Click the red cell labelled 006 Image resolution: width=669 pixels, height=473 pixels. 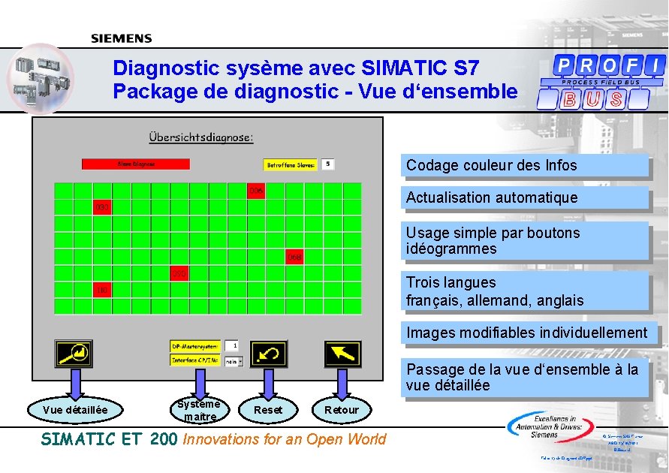coord(257,191)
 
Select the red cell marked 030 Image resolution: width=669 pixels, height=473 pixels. coord(102,206)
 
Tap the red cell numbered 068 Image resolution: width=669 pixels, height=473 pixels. coord(294,258)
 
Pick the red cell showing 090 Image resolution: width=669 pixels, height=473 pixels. coord(179,273)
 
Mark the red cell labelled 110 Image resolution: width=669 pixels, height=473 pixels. coord(102,289)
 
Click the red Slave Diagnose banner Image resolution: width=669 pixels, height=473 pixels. coord(135,164)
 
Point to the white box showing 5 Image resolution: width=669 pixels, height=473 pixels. coord(327,164)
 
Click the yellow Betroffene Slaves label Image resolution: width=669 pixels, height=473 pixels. coord(291,164)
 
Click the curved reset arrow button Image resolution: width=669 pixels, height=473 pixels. coord(270,353)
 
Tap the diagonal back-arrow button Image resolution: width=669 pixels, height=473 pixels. coord(342,353)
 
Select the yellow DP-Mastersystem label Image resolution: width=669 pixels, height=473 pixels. coord(195,346)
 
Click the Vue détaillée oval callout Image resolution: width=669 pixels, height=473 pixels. coord(75,409)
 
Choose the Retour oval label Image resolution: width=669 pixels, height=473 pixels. coord(342,409)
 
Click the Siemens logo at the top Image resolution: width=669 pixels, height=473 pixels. coord(122,38)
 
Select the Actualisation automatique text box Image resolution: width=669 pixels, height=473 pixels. coord(525,198)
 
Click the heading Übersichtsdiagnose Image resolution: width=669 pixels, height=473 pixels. coord(201,137)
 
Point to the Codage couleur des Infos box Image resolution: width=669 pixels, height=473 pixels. coord(525,165)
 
